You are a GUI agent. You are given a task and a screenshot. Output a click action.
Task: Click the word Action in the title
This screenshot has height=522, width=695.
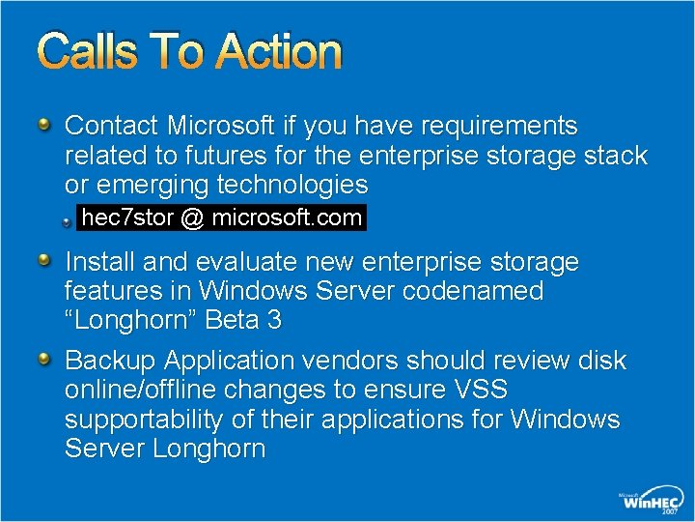pyautogui.click(x=279, y=52)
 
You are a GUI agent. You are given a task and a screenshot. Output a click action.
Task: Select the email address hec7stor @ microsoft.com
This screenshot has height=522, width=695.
pyautogui.click(x=222, y=218)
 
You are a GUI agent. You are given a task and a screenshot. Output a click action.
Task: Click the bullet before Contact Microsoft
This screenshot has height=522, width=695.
pyautogui.click(x=45, y=125)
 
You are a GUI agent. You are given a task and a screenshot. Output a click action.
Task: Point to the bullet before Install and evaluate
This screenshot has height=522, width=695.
pyautogui.click(x=45, y=261)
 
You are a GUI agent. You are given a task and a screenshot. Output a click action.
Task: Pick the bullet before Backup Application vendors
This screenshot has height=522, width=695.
pyautogui.click(x=45, y=361)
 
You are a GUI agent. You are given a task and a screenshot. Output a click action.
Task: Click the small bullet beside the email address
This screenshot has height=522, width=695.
pyautogui.click(x=68, y=221)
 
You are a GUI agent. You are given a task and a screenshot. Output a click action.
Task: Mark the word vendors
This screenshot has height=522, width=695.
pyautogui.click(x=351, y=362)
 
